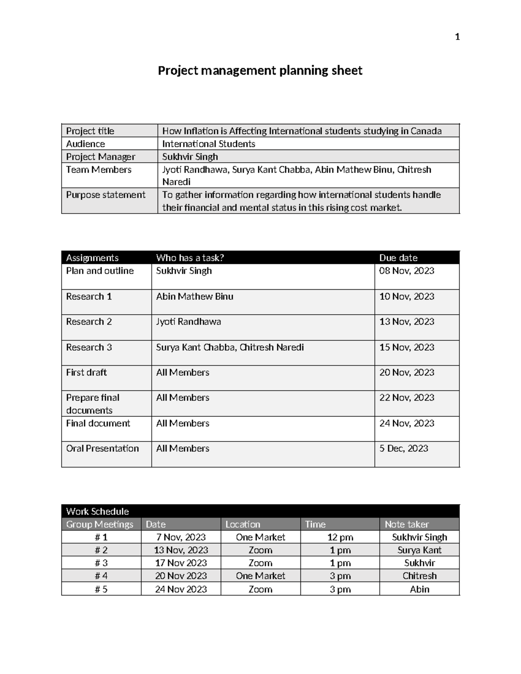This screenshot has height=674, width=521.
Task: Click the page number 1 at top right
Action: pyautogui.click(x=457, y=37)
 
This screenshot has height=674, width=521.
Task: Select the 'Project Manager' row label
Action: pyautogui.click(x=100, y=157)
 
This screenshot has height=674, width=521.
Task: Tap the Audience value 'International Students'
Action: pyautogui.click(x=208, y=144)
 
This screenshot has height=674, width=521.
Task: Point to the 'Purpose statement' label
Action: pyautogui.click(x=106, y=195)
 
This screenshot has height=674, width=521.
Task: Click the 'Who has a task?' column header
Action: pyautogui.click(x=190, y=258)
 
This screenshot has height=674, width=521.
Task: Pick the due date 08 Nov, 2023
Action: pyautogui.click(x=406, y=271)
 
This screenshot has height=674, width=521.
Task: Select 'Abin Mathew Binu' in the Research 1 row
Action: pyautogui.click(x=195, y=296)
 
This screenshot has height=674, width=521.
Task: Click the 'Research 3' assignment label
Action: pyautogui.click(x=89, y=347)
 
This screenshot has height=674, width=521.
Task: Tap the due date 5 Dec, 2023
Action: pyautogui.click(x=403, y=448)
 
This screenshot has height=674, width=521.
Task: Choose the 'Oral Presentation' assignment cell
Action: pyautogui.click(x=102, y=448)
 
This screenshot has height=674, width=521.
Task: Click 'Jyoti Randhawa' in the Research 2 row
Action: pyautogui.click(x=188, y=322)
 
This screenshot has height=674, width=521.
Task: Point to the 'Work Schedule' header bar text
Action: pyautogui.click(x=97, y=511)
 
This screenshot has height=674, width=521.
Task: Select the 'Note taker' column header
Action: pyautogui.click(x=406, y=524)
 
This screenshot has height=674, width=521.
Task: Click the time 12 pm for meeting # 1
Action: pyautogui.click(x=340, y=537)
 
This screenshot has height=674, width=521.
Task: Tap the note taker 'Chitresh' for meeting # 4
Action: pyautogui.click(x=419, y=576)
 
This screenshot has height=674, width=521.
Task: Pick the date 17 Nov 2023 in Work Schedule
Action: pyautogui.click(x=181, y=563)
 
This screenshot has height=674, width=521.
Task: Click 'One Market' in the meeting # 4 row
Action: pyautogui.click(x=260, y=576)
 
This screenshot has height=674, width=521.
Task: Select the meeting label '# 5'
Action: pyautogui.click(x=101, y=589)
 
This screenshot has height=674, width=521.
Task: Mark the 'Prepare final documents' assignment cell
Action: pyautogui.click(x=92, y=404)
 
